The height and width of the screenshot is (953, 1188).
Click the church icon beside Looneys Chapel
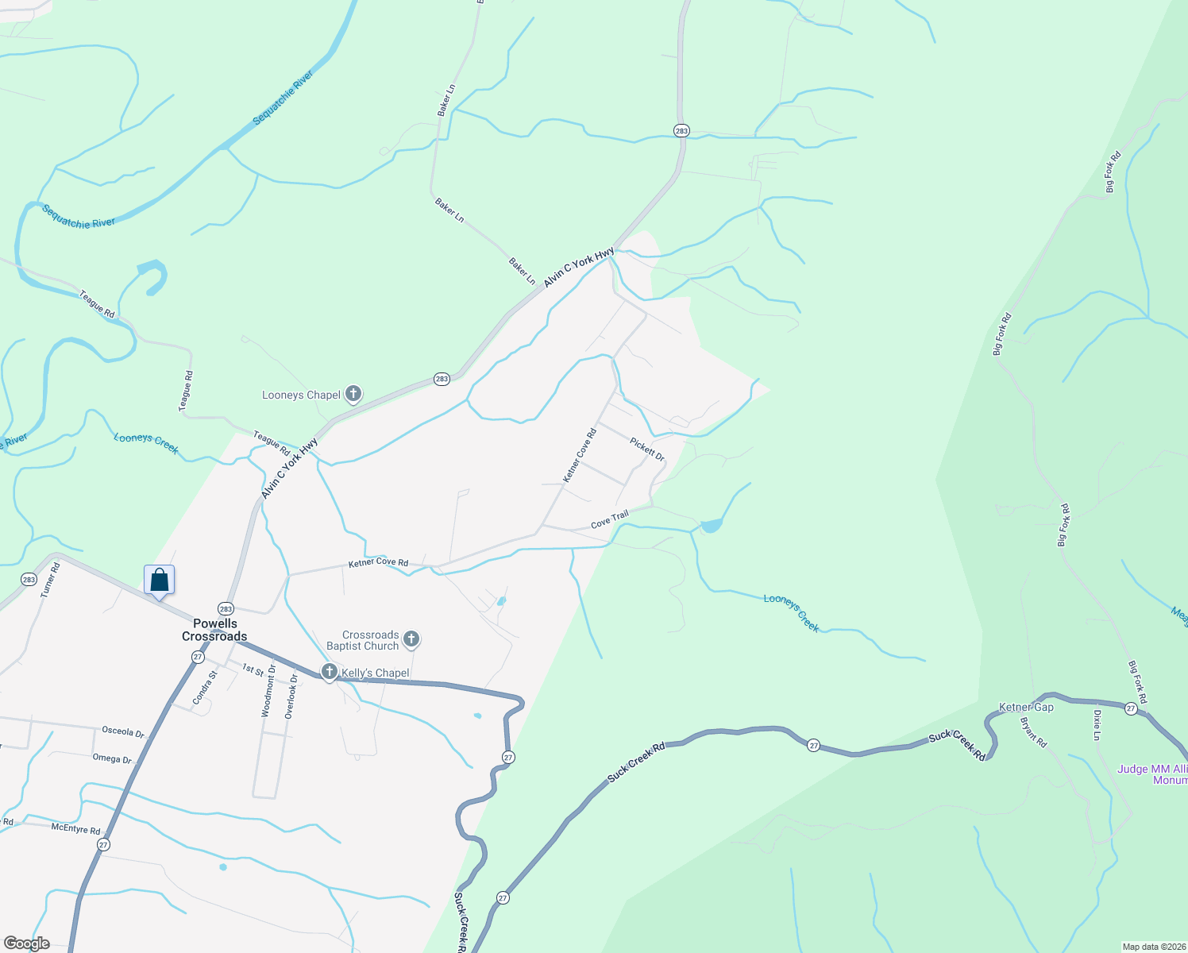(353, 394)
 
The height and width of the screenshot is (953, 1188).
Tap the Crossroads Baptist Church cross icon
(411, 639)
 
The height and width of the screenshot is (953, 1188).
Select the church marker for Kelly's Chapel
(329, 673)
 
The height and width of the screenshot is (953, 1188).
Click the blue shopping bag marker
(160, 580)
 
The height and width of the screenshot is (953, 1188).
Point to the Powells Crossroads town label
(214, 630)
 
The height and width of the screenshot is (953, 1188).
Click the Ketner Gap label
(1026, 707)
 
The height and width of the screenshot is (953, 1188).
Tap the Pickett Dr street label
(647, 449)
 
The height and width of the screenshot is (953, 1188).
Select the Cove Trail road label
(610, 520)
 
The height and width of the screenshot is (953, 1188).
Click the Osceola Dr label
(123, 731)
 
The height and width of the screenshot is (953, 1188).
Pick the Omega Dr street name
(112, 758)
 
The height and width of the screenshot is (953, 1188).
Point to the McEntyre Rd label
(75, 828)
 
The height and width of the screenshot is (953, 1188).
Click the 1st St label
(253, 669)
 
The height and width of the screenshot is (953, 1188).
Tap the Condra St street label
(205, 688)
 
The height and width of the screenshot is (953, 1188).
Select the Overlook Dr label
(291, 696)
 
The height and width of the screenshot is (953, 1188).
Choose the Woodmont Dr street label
(269, 691)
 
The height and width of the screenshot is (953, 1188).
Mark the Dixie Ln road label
(1097, 725)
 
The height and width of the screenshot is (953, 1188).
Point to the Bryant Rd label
(1034, 731)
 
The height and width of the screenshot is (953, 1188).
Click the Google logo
(27, 943)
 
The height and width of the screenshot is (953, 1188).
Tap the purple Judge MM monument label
(1152, 774)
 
